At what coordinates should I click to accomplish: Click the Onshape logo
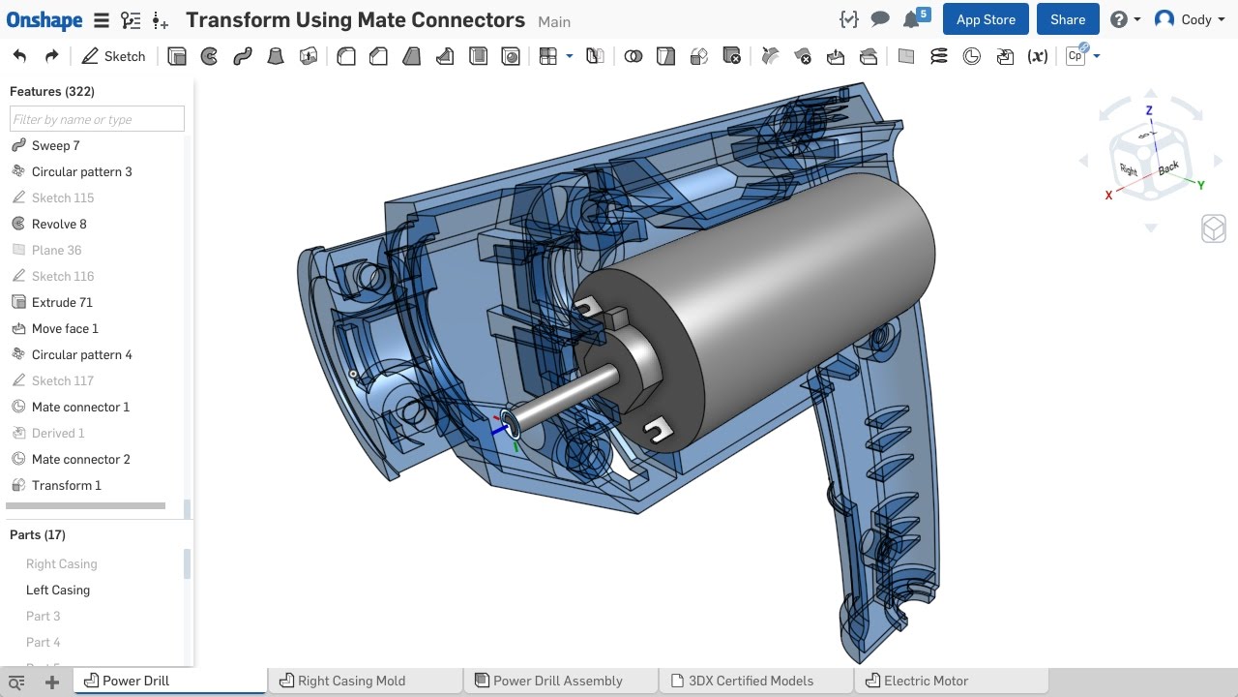pyautogui.click(x=44, y=19)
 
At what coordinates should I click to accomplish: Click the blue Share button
pyautogui.click(x=1068, y=19)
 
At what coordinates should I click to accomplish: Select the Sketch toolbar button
pyautogui.click(x=113, y=56)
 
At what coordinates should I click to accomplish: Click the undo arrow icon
pyautogui.click(x=19, y=56)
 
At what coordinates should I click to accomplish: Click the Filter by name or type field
pyautogui.click(x=97, y=119)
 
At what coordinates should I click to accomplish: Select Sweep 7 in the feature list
pyautogui.click(x=55, y=145)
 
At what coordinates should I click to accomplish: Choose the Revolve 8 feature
pyautogui.click(x=59, y=224)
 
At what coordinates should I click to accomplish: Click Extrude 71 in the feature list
pyautogui.click(x=62, y=302)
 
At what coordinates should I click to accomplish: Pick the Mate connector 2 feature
pyautogui.click(x=80, y=459)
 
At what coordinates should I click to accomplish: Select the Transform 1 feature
pyautogui.click(x=66, y=485)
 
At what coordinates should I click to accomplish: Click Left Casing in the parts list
pyautogui.click(x=58, y=590)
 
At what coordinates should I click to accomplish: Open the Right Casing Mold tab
pyautogui.click(x=351, y=681)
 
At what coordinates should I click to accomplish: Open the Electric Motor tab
pyautogui.click(x=926, y=681)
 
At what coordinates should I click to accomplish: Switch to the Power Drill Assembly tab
pyautogui.click(x=557, y=681)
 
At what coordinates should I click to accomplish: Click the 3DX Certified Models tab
pyautogui.click(x=751, y=681)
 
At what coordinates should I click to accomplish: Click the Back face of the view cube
pyautogui.click(x=1168, y=167)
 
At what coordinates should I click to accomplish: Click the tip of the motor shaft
pyautogui.click(x=510, y=425)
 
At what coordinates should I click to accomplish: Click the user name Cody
pyautogui.click(x=1196, y=19)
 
